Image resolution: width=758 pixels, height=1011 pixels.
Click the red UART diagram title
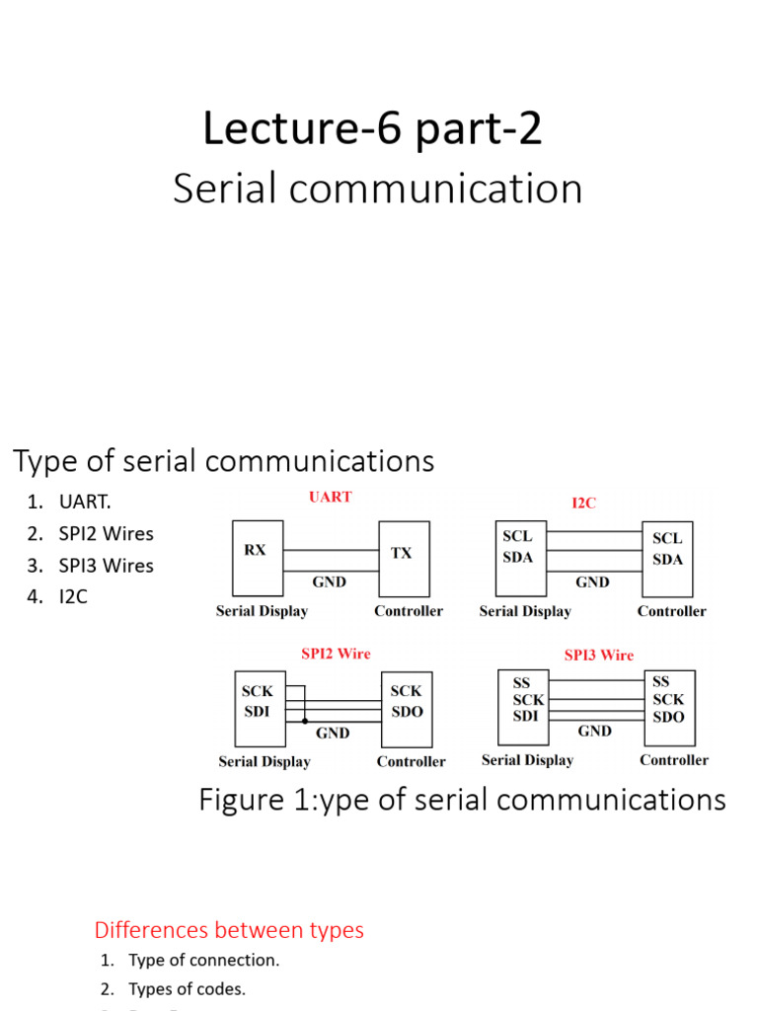click(x=330, y=497)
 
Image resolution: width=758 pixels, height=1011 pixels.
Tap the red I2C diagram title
click(x=584, y=503)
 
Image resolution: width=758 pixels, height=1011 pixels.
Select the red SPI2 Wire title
click(x=336, y=654)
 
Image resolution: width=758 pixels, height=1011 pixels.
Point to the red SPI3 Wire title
click(x=598, y=655)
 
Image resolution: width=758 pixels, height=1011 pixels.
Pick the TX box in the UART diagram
click(x=404, y=560)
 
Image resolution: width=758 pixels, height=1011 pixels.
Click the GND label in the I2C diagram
click(x=592, y=582)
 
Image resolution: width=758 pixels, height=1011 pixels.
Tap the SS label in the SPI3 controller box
click(x=660, y=681)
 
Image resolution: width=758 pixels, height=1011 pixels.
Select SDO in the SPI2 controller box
click(x=406, y=711)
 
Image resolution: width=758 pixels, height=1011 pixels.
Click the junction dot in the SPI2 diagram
click(x=305, y=720)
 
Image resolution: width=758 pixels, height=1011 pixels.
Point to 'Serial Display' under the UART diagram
click(x=262, y=611)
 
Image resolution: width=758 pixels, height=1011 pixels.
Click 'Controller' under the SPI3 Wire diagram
click(x=674, y=760)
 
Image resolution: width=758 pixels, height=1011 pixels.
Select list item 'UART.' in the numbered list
click(x=78, y=502)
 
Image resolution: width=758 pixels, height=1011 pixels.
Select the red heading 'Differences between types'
click(x=229, y=930)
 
